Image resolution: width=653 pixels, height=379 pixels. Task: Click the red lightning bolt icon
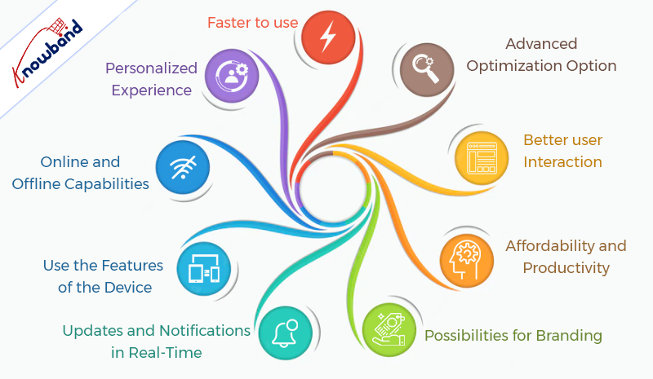[x=328, y=37]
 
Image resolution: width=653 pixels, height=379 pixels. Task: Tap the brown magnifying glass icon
[x=426, y=69]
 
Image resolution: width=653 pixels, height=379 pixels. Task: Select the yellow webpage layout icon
[x=482, y=158]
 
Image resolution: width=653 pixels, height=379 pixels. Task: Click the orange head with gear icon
[x=466, y=261]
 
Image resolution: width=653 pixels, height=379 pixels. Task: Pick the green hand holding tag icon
[x=389, y=329]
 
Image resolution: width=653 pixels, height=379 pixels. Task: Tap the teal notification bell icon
[x=285, y=333]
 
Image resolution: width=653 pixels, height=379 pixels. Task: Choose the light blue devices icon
[x=203, y=269]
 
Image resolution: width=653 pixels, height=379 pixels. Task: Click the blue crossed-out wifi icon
[x=182, y=167]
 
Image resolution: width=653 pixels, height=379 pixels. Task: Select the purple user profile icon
[x=232, y=76]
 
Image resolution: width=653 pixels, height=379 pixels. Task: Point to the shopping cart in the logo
[x=58, y=27]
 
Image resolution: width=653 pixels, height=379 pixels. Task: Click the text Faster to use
[x=253, y=23]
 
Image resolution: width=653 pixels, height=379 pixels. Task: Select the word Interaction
[x=562, y=162]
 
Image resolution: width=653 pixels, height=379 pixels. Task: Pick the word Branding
[x=569, y=336]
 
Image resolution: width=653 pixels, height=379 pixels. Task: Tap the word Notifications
[x=205, y=330]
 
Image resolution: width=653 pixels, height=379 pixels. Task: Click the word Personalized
[x=151, y=68]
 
